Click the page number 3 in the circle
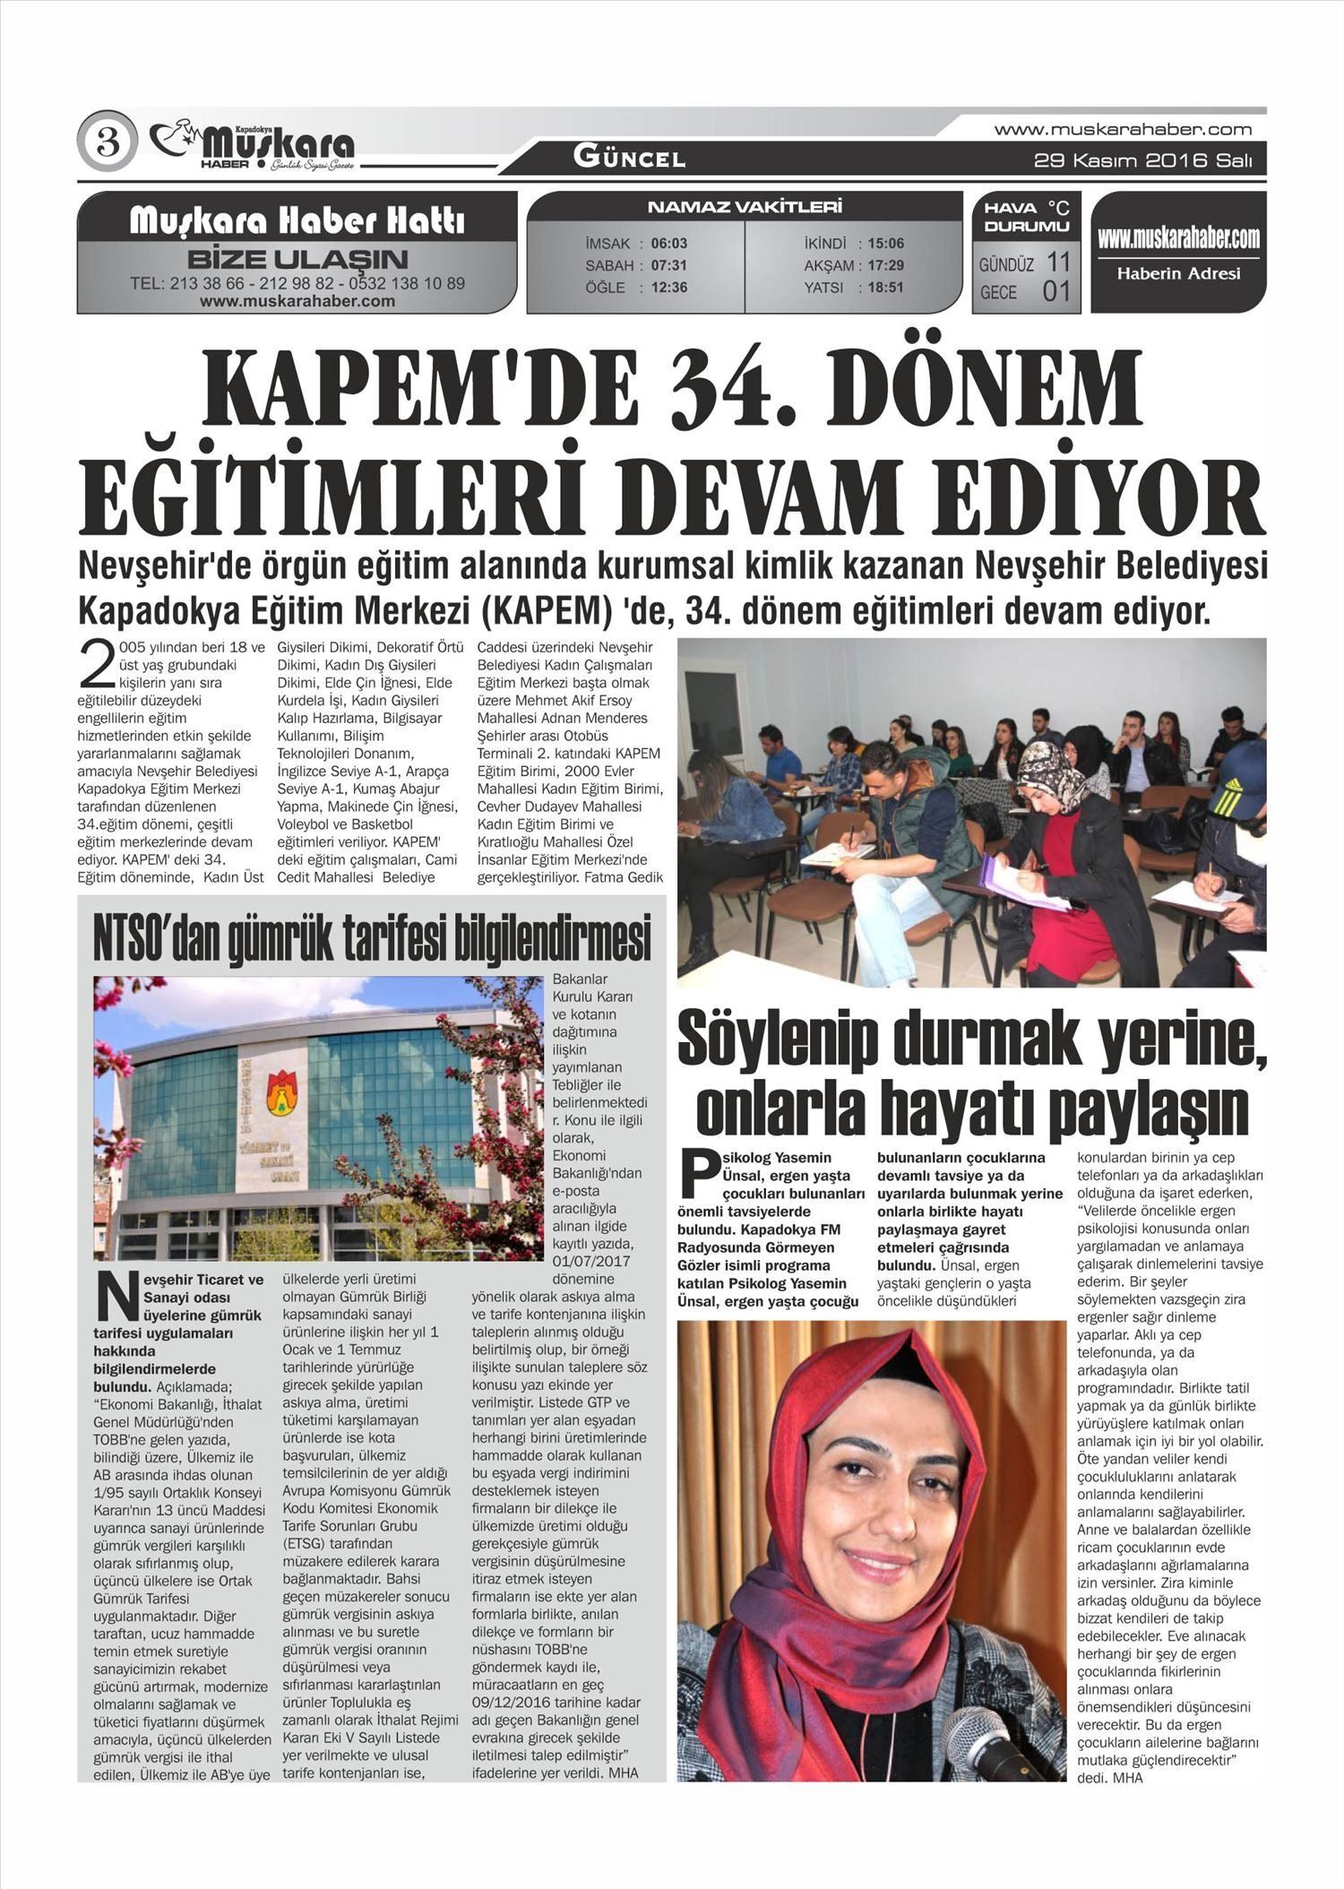(108, 142)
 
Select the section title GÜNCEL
(629, 159)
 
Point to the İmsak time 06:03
(669, 243)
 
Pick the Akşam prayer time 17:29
(885, 265)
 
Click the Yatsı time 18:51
(885, 288)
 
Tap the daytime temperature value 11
(1058, 263)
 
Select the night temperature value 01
(1056, 291)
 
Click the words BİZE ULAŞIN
(297, 261)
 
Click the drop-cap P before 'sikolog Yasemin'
(699, 1171)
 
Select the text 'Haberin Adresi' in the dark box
(1178, 273)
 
